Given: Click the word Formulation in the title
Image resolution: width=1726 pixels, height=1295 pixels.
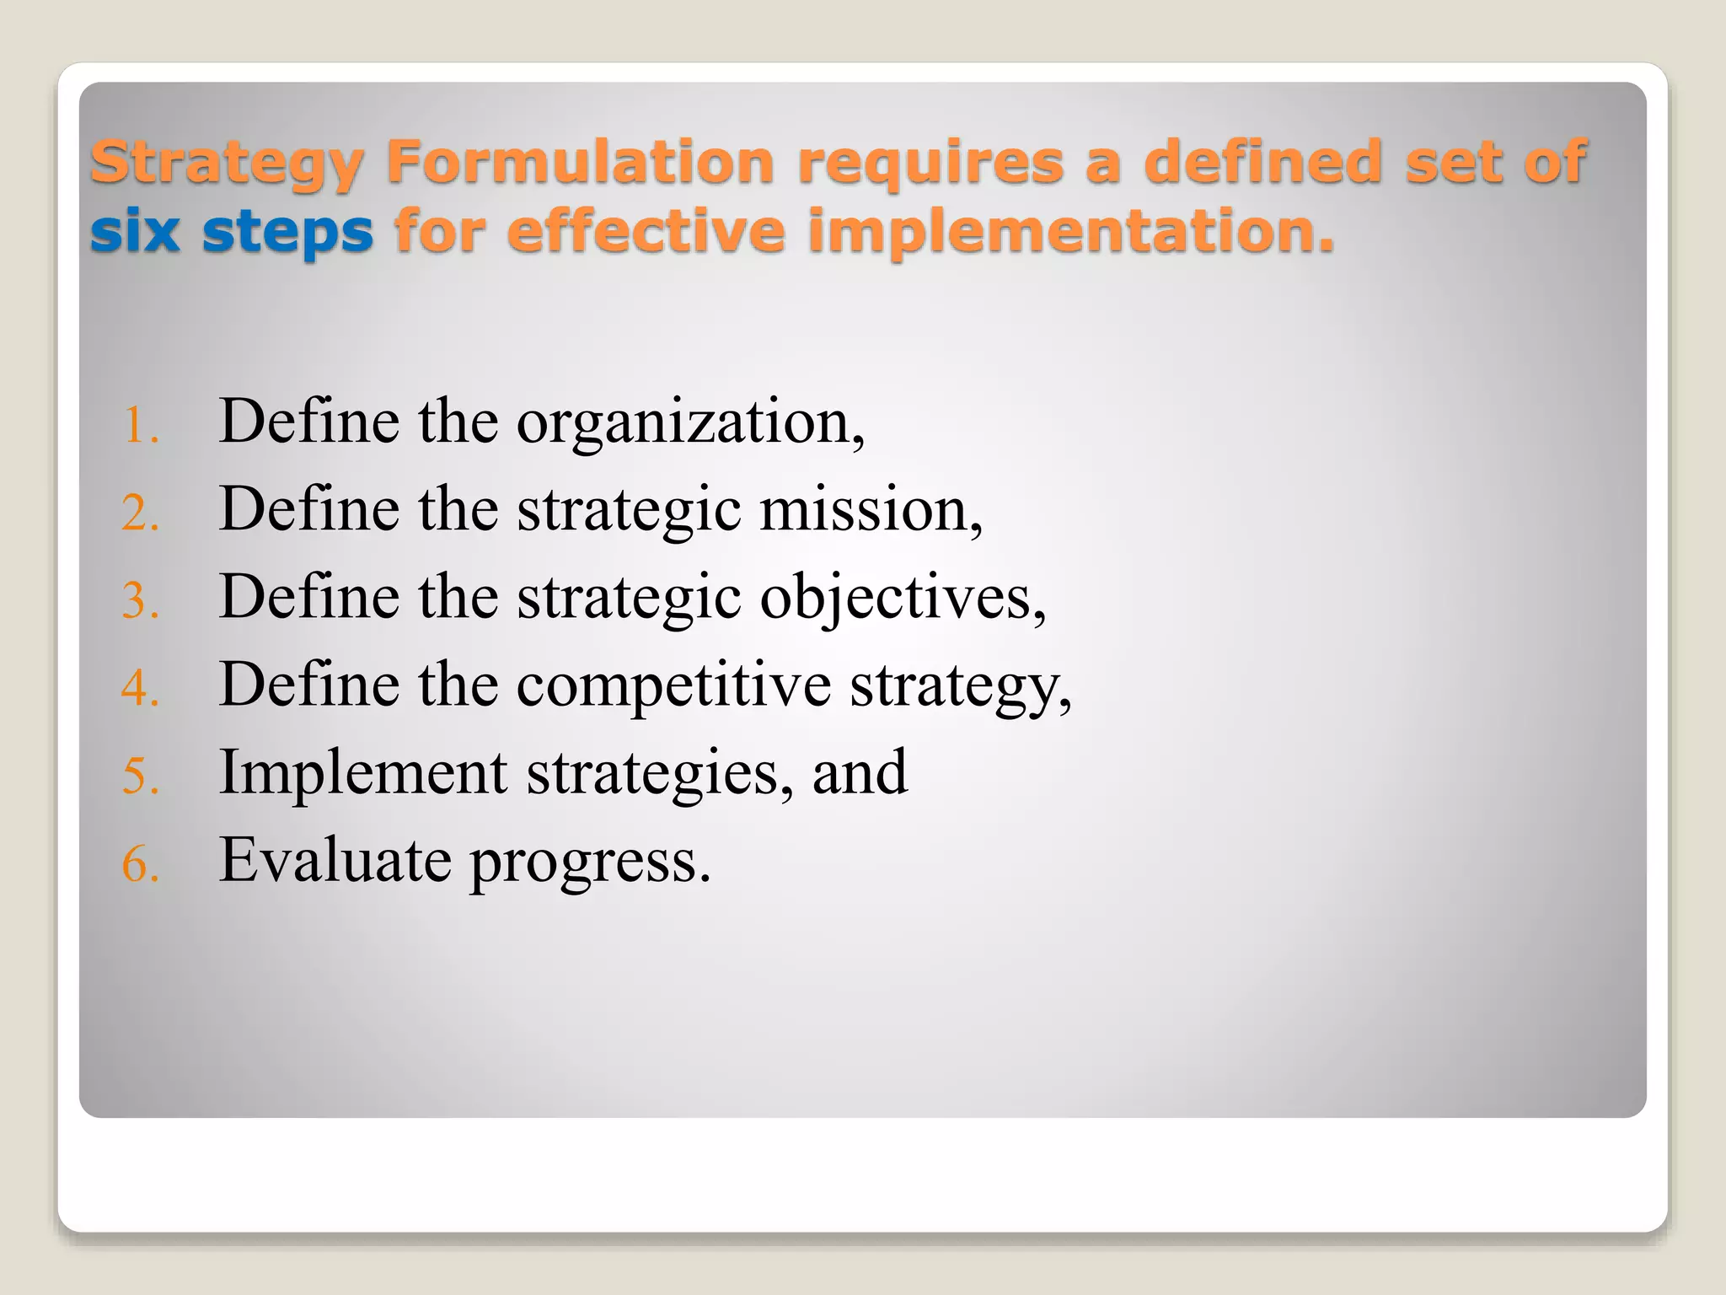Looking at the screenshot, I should point(580,162).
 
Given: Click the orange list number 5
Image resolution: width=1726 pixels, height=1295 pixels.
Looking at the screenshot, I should point(140,776).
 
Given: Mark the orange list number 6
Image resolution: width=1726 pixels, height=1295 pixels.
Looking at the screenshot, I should point(140,864).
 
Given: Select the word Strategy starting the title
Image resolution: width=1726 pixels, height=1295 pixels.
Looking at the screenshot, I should point(227,164).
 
